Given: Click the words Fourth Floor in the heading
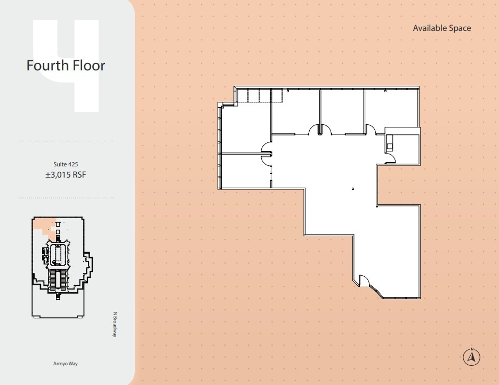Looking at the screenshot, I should click(66, 66).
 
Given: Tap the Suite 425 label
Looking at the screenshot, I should click(66, 164).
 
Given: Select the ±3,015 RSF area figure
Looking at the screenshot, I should click(66, 174).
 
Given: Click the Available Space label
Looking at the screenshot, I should click(441, 28).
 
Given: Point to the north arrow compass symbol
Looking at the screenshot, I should click(472, 356).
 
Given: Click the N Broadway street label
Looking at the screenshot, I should click(114, 324).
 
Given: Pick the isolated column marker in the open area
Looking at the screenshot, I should click(353, 188).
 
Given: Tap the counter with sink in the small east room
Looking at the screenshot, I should click(389, 142).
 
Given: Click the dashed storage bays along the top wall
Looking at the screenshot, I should click(259, 96).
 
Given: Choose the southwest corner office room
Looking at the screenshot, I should click(245, 171).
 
